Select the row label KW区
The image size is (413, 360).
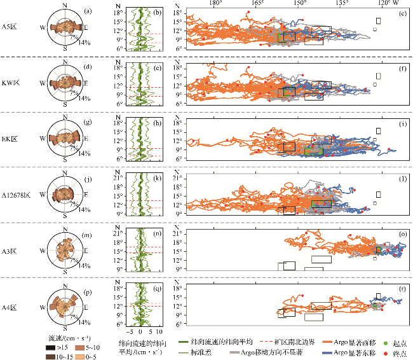click(11, 83)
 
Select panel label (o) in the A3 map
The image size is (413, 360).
click(403, 233)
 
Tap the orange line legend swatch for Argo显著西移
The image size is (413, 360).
click(328, 342)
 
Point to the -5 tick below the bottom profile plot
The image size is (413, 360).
click(129, 331)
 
